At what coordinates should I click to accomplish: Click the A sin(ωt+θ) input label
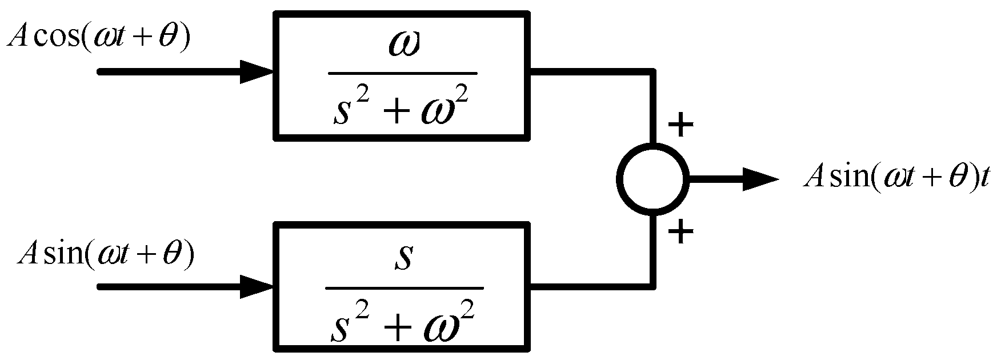[106, 253]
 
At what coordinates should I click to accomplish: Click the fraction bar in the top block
[403, 73]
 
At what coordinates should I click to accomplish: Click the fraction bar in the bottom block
[403, 288]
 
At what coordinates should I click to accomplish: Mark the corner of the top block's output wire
[652, 72]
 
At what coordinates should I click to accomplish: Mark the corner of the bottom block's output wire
[652, 286]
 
